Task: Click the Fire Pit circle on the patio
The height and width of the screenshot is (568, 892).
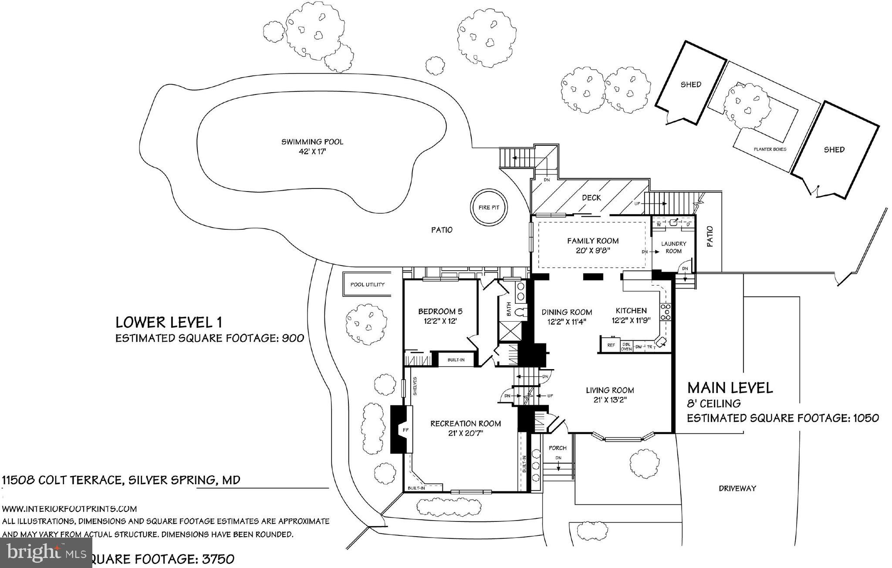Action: click(x=489, y=208)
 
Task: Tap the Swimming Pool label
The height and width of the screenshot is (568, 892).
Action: click(x=312, y=142)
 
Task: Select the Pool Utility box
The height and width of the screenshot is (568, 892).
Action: click(x=368, y=285)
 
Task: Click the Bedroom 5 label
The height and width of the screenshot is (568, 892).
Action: click(x=440, y=311)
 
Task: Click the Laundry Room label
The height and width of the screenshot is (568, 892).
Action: click(x=673, y=247)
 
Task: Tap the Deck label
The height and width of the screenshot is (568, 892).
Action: click(x=591, y=198)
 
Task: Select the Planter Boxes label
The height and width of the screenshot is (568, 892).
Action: click(x=770, y=149)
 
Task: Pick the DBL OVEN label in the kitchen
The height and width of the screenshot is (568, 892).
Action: click(x=626, y=346)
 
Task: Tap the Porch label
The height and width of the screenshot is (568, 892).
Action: click(x=557, y=448)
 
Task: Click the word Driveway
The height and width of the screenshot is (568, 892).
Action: click(x=737, y=488)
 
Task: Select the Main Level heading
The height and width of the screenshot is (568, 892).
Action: click(x=730, y=388)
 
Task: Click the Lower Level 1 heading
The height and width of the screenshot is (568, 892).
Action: click(x=169, y=323)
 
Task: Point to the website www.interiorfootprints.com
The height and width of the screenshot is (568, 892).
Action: click(x=70, y=509)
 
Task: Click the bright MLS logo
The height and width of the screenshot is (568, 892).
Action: click(x=46, y=552)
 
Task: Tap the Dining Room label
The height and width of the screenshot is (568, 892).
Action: click(x=566, y=312)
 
